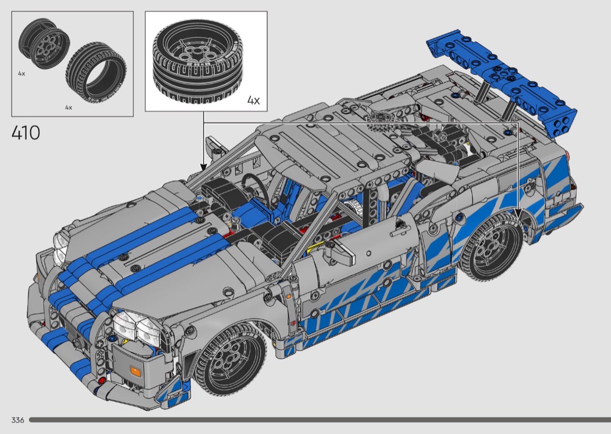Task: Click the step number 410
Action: click(26, 133)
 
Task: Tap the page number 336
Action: click(17, 420)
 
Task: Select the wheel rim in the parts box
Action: click(44, 43)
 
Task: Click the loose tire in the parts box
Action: click(96, 73)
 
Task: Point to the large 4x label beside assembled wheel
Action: click(253, 100)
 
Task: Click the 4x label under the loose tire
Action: click(69, 107)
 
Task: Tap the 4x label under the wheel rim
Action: click(22, 73)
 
